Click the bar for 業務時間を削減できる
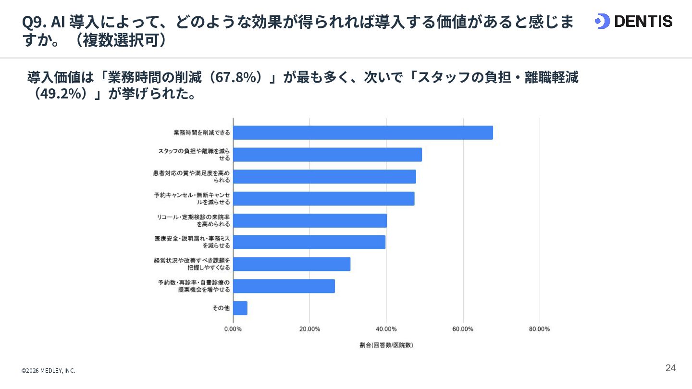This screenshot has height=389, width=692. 363,133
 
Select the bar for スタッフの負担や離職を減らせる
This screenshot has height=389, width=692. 327,155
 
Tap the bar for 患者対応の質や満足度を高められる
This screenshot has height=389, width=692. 324,177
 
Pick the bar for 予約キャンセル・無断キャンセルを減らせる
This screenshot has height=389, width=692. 324,198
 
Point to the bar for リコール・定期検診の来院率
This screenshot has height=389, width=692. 310,220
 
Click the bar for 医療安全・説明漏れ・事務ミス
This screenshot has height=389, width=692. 309,242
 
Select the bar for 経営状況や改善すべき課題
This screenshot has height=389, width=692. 292,264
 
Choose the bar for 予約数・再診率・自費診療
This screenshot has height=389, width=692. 284,286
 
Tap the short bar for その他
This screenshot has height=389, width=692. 240,308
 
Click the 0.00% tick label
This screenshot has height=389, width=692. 233,329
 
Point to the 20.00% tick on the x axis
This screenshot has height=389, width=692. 309,329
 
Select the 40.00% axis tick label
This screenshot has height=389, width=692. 386,329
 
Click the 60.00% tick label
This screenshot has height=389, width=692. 463,329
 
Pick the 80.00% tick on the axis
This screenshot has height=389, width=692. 539,329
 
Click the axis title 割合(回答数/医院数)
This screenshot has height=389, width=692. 386,345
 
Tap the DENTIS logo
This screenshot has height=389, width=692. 633,21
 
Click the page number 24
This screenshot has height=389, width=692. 670,368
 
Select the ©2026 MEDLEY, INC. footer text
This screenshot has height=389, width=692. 48,370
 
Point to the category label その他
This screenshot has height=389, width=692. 221,308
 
